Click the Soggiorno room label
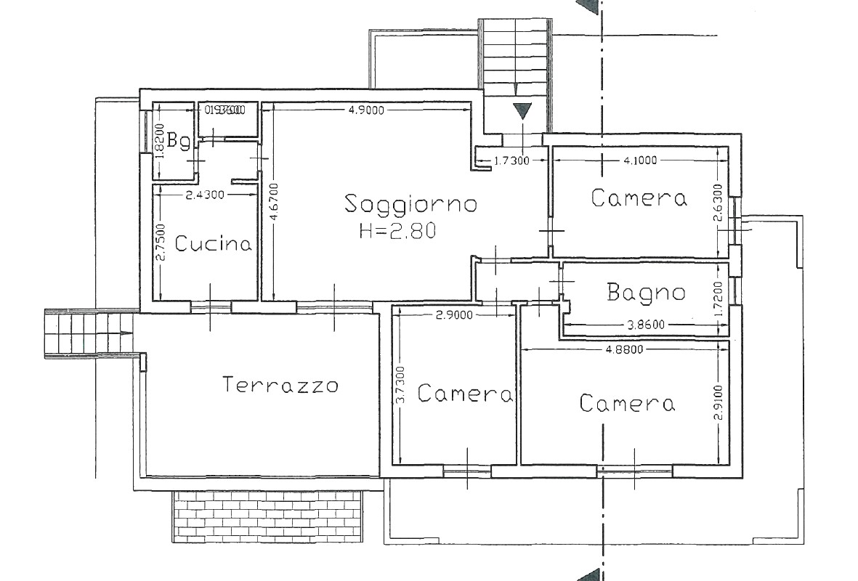tap(410, 204)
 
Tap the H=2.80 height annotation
tap(397, 232)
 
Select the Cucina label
tap(214, 244)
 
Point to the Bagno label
tap(646, 293)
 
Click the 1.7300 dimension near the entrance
tap(511, 161)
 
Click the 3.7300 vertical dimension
tap(400, 385)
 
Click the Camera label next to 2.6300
tap(639, 198)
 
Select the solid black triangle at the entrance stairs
tap(522, 113)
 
